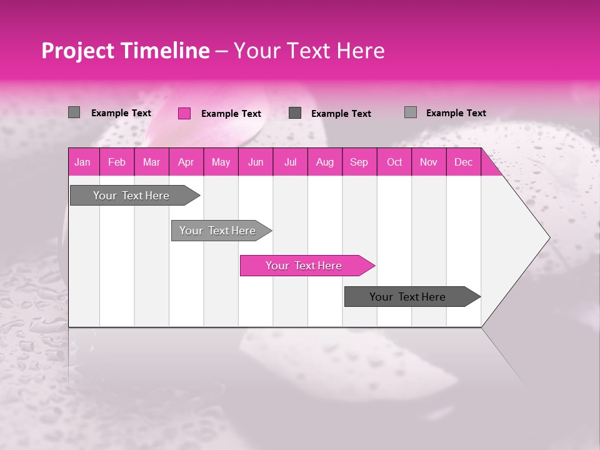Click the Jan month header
click(x=82, y=162)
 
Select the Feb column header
click(x=117, y=162)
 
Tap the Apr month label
click(x=186, y=162)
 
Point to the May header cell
click(x=221, y=162)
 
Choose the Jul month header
click(x=290, y=162)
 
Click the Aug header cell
click(x=324, y=162)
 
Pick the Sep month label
click(x=359, y=162)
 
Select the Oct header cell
click(x=394, y=162)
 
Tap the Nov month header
click(x=429, y=162)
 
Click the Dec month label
click(x=463, y=162)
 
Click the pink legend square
click(x=184, y=113)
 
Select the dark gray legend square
click(x=295, y=113)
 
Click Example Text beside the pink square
click(x=231, y=114)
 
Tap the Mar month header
click(x=151, y=162)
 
